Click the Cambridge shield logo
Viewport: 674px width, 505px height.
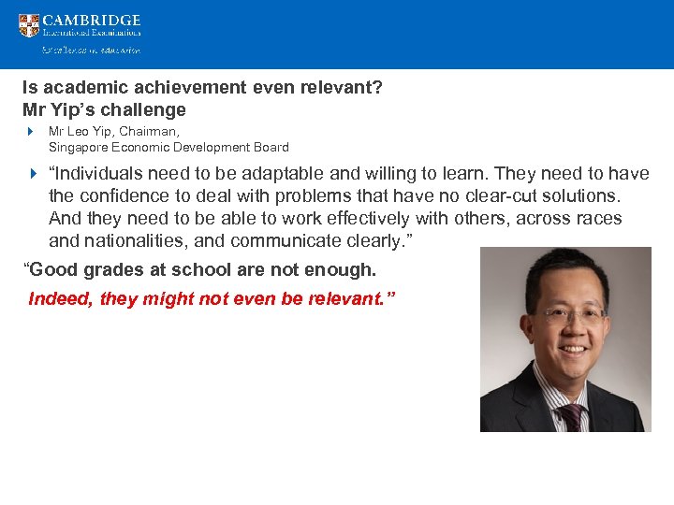[29, 25]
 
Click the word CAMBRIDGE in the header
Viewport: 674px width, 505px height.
[92, 20]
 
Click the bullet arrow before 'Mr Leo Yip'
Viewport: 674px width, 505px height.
[31, 132]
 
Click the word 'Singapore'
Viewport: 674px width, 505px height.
[77, 147]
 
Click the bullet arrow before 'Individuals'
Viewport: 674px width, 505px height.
[31, 174]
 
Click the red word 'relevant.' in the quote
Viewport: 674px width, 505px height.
[359, 299]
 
